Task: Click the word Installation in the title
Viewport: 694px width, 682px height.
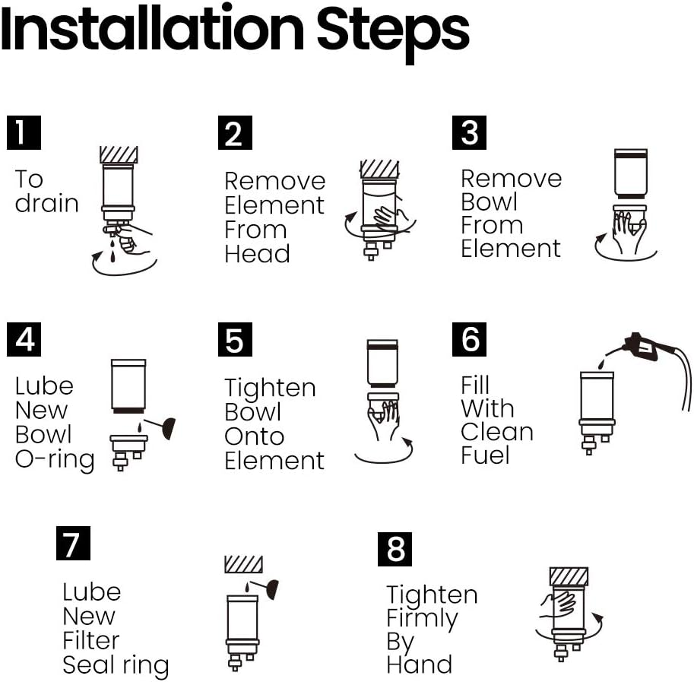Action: click(x=152, y=29)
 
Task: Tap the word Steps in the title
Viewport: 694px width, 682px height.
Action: click(x=393, y=33)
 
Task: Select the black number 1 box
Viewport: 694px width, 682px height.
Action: click(x=24, y=132)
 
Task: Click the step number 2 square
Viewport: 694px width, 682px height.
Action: click(x=235, y=132)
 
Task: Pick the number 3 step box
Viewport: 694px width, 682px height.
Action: click(x=469, y=132)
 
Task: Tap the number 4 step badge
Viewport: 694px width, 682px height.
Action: click(x=24, y=339)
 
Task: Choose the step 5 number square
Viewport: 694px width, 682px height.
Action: click(x=235, y=339)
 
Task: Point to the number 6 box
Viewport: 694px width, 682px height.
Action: click(x=469, y=339)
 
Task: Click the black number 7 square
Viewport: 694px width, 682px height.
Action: click(x=73, y=543)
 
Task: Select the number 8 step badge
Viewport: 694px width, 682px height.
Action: click(x=395, y=549)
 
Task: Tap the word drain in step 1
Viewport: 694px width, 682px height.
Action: click(x=46, y=203)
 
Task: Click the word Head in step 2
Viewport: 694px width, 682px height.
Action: click(x=257, y=254)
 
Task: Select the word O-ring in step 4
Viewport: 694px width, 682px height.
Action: click(x=55, y=460)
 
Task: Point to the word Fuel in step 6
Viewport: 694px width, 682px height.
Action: click(x=485, y=455)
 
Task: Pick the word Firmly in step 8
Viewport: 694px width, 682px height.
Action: click(x=422, y=619)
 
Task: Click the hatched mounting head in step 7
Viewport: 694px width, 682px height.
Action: click(x=243, y=564)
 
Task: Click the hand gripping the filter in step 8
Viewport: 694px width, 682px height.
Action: click(x=558, y=605)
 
